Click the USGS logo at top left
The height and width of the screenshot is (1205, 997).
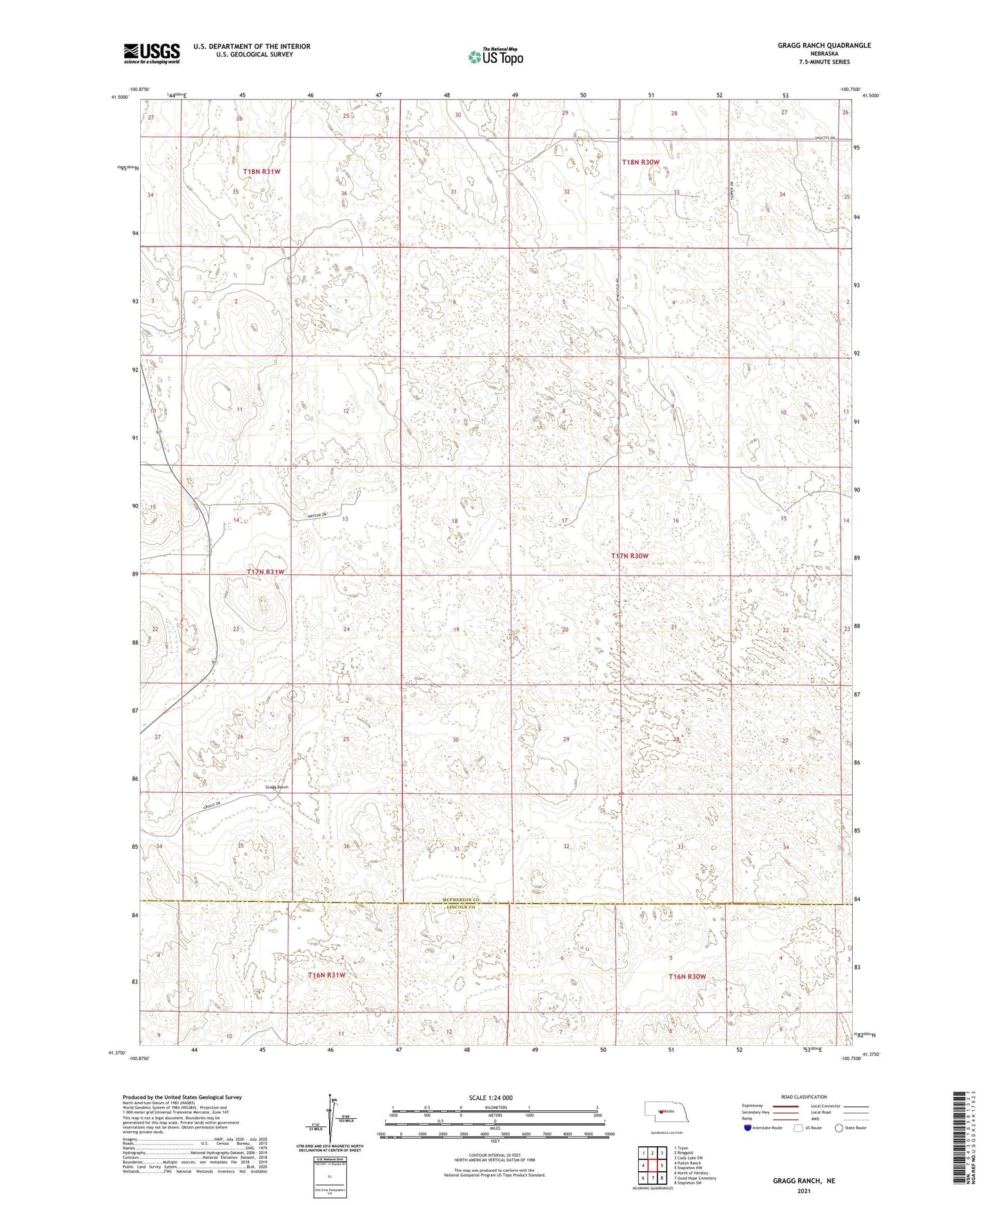pyautogui.click(x=152, y=52)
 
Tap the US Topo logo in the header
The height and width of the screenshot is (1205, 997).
pyautogui.click(x=495, y=57)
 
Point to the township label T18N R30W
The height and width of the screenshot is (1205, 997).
pyautogui.click(x=640, y=162)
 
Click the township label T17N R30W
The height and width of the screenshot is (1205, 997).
pyautogui.click(x=629, y=556)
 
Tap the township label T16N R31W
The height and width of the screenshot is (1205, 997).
pyautogui.click(x=326, y=975)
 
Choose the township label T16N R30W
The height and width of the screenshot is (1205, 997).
pyautogui.click(x=687, y=977)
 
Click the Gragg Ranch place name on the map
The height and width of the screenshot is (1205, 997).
pyautogui.click(x=276, y=787)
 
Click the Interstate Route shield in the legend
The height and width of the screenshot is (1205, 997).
pyautogui.click(x=748, y=1128)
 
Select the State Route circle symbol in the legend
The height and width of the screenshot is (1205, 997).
pyautogui.click(x=839, y=1128)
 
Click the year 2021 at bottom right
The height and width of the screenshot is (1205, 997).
pyautogui.click(x=804, y=1191)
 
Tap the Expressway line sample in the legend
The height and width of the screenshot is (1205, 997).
pyautogui.click(x=787, y=1106)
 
